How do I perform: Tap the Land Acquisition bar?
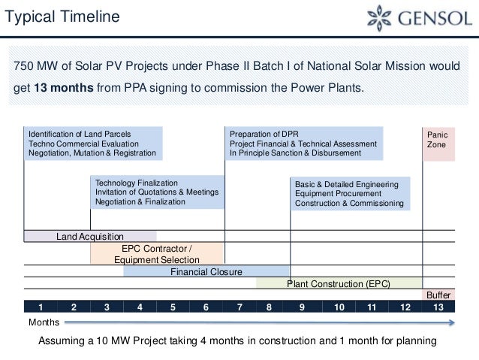tap(90, 236)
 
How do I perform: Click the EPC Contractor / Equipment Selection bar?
tap(157, 254)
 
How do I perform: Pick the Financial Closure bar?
tap(206, 271)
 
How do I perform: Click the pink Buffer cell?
tap(438, 295)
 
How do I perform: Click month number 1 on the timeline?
tap(41, 307)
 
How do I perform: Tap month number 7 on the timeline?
tap(239, 307)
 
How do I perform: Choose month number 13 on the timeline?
tap(438, 307)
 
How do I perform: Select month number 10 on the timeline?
tap(339, 307)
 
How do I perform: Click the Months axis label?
tap(44, 322)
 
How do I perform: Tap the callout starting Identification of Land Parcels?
tap(93, 143)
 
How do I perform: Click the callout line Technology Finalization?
tap(137, 183)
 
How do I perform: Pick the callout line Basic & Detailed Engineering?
tap(342, 183)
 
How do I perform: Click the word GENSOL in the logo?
tap(436, 18)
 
